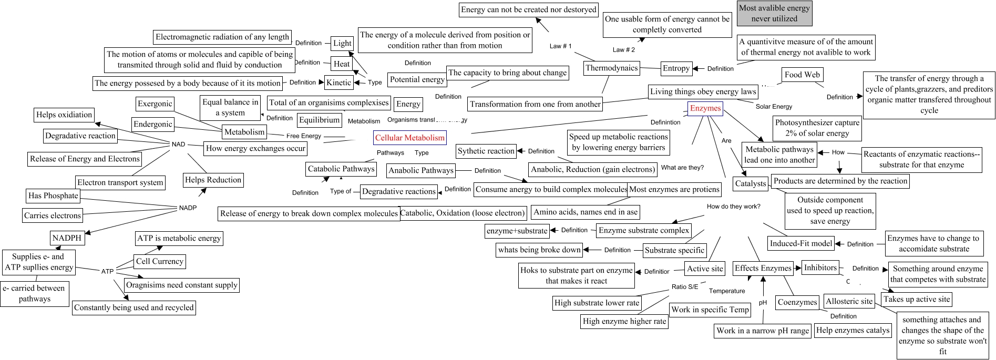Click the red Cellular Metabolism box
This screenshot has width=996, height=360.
tap(409, 138)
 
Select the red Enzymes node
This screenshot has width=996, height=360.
tap(705, 109)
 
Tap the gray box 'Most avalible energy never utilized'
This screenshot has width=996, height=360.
tap(774, 14)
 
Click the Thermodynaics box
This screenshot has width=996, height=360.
tap(611, 68)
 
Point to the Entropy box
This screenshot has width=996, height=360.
tap(676, 68)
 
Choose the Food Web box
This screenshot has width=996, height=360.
tap(802, 75)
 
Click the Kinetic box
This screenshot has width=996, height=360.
tap(338, 83)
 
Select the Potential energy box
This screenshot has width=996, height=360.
tap(417, 79)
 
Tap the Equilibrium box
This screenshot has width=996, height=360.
tap(319, 120)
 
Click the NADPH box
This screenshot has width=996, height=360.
tap(67, 238)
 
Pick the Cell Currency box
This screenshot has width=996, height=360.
tap(160, 261)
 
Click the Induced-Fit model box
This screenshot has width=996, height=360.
tap(800, 243)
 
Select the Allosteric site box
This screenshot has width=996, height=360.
tap(849, 301)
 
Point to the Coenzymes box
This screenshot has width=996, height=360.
tap(797, 302)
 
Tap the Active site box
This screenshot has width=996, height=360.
tap(705, 269)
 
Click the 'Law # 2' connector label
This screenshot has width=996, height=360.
tap(624, 50)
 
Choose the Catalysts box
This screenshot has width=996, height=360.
tap(750, 183)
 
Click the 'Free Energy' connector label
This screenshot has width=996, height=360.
tap(303, 136)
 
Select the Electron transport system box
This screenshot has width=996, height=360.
tap(120, 182)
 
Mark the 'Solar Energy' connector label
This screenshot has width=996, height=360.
tap(773, 107)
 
